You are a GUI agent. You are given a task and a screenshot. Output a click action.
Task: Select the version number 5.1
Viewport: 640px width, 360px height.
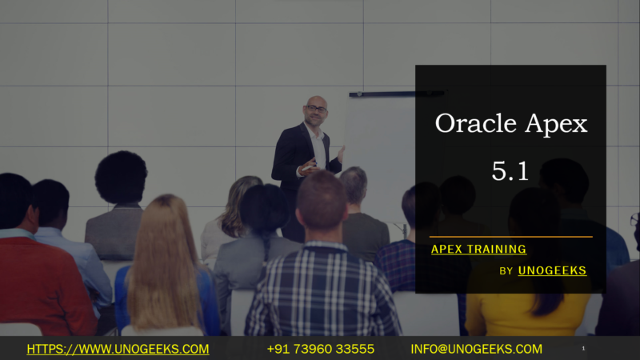pyautogui.click(x=510, y=170)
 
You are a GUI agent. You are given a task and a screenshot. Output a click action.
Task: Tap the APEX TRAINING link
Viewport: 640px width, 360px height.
pyautogui.click(x=478, y=249)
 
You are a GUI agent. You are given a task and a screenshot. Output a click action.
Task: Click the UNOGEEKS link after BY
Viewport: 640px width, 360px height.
pyautogui.click(x=552, y=270)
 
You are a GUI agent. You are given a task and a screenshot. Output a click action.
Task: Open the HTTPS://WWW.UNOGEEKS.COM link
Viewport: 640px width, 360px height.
pyautogui.click(x=118, y=349)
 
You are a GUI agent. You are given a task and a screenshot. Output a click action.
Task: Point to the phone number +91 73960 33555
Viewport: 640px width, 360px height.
pyautogui.click(x=320, y=349)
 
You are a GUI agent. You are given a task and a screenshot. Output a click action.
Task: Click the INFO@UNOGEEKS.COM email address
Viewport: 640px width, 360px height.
pyautogui.click(x=476, y=349)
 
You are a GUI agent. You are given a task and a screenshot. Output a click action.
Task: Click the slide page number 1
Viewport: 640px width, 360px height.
pyautogui.click(x=584, y=349)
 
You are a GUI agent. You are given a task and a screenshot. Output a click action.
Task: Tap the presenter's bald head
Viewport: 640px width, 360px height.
pyautogui.click(x=315, y=105)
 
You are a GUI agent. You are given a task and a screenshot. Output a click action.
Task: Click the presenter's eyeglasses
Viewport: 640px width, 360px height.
pyautogui.click(x=315, y=109)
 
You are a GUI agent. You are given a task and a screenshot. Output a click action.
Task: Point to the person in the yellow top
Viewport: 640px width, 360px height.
pyautogui.click(x=528, y=304)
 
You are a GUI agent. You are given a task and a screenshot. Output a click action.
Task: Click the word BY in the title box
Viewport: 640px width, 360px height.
pyautogui.click(x=506, y=271)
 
